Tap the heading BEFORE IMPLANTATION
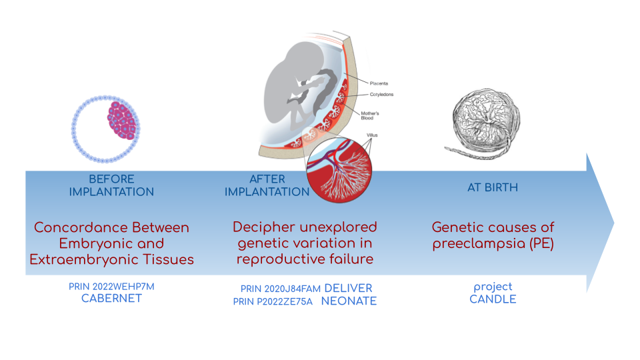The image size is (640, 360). [x=111, y=185]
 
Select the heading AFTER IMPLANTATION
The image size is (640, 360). [x=267, y=185]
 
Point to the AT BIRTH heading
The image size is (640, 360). [x=492, y=187]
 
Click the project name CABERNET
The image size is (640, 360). [x=111, y=299]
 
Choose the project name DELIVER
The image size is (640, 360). [x=348, y=288]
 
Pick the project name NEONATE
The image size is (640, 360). [x=349, y=301]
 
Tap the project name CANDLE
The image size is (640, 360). [x=493, y=299]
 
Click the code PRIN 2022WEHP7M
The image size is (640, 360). [x=111, y=287]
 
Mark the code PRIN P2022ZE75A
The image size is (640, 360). [x=273, y=302]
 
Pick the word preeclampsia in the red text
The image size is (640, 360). [x=474, y=243]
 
